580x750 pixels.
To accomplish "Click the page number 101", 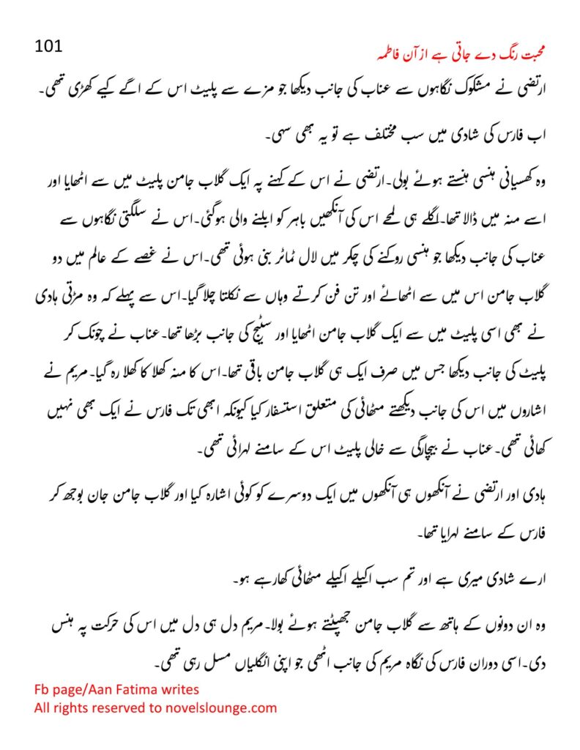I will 51,46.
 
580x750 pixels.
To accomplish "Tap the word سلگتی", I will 114,219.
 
